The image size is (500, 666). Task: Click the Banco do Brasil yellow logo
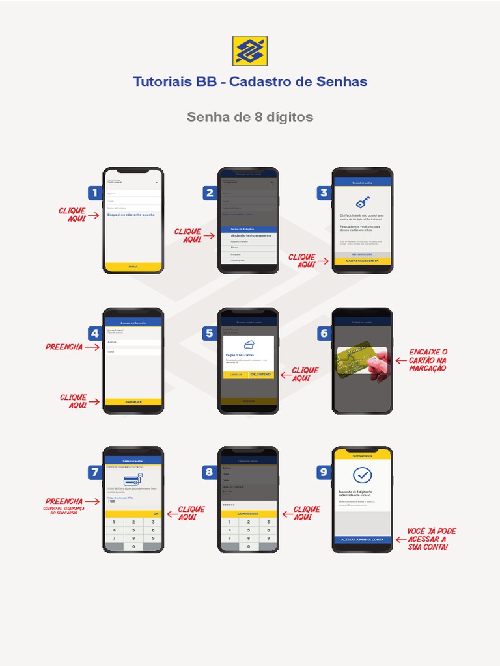coord(250,51)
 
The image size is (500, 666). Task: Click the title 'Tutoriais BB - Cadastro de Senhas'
coord(250,82)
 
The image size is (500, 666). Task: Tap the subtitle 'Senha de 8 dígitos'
coord(250,117)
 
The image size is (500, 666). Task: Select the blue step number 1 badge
coord(95,193)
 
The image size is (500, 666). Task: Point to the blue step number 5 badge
coord(210,334)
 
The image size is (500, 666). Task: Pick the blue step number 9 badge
coord(324,473)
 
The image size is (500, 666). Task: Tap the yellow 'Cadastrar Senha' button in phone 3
coord(363,261)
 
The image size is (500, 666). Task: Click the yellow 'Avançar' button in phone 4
coord(133,402)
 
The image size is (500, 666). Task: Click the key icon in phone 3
coord(363,202)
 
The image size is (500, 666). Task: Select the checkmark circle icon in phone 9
coord(363,475)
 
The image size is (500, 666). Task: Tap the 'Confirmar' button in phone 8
coord(247,514)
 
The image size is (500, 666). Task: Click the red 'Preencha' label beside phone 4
coord(64,347)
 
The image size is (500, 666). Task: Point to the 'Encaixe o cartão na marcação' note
coord(428,360)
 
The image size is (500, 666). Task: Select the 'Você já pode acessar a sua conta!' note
coord(431,539)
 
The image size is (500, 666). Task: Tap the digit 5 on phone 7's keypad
coord(133,530)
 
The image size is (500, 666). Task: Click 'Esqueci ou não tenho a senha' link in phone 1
coord(131,215)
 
